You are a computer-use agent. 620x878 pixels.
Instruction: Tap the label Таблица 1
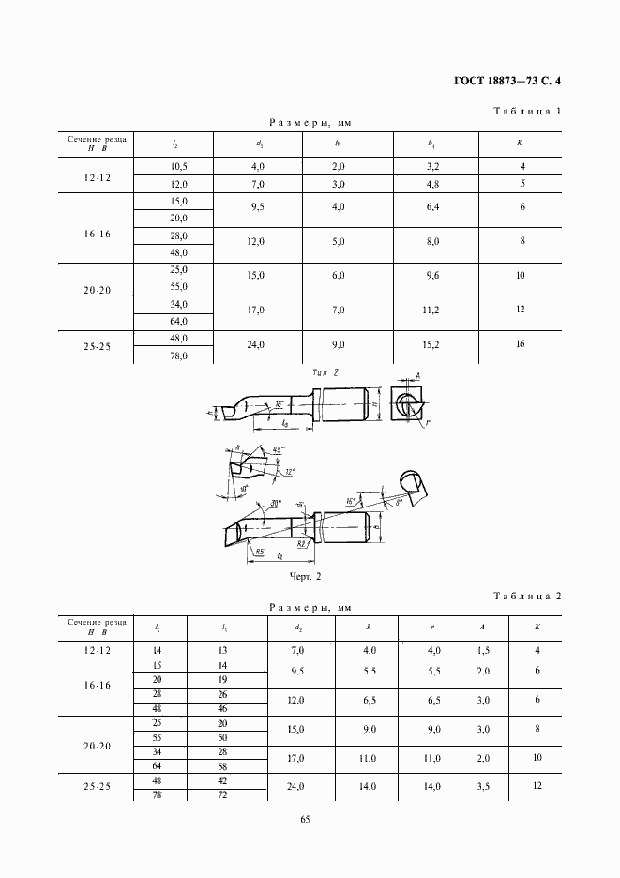[527, 112]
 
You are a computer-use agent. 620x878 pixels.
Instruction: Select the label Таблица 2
[527, 596]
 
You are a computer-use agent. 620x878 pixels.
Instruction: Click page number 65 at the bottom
[305, 819]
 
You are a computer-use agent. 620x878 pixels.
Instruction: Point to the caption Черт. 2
[306, 576]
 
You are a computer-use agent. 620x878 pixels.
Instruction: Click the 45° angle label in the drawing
[277, 451]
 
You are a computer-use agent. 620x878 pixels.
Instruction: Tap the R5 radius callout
[260, 553]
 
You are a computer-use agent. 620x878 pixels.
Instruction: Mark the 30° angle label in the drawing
[277, 505]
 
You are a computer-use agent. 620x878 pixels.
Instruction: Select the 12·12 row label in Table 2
[97, 650]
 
